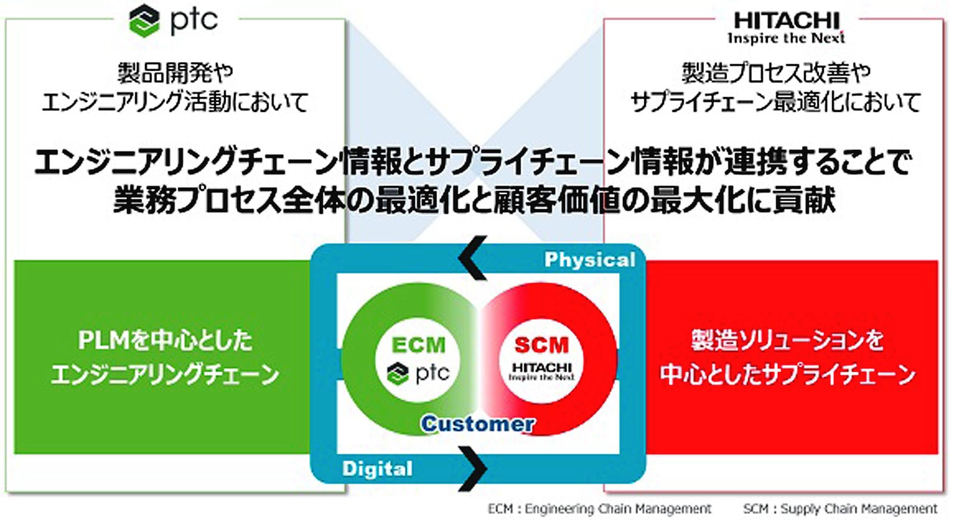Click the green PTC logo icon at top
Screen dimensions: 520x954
tap(144, 20)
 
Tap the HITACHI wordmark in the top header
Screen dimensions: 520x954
tap(786, 21)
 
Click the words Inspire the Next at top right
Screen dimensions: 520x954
tap(786, 38)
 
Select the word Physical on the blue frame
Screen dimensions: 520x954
tap(590, 260)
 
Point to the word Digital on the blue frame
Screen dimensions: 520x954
tap(377, 469)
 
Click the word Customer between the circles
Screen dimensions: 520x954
tap(478, 424)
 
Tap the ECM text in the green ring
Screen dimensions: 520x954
tap(418, 345)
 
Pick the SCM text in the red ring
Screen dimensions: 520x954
tap(541, 345)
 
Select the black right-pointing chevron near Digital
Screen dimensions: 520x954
tap(472, 469)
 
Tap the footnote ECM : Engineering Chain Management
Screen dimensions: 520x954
tap(599, 509)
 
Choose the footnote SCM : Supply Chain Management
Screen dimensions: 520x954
tap(840, 509)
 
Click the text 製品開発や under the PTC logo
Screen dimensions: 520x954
tap(175, 73)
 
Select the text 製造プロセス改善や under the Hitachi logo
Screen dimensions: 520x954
tap(776, 73)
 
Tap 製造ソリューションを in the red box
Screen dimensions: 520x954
tap(787, 340)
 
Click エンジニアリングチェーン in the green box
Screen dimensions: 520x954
tap(165, 374)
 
